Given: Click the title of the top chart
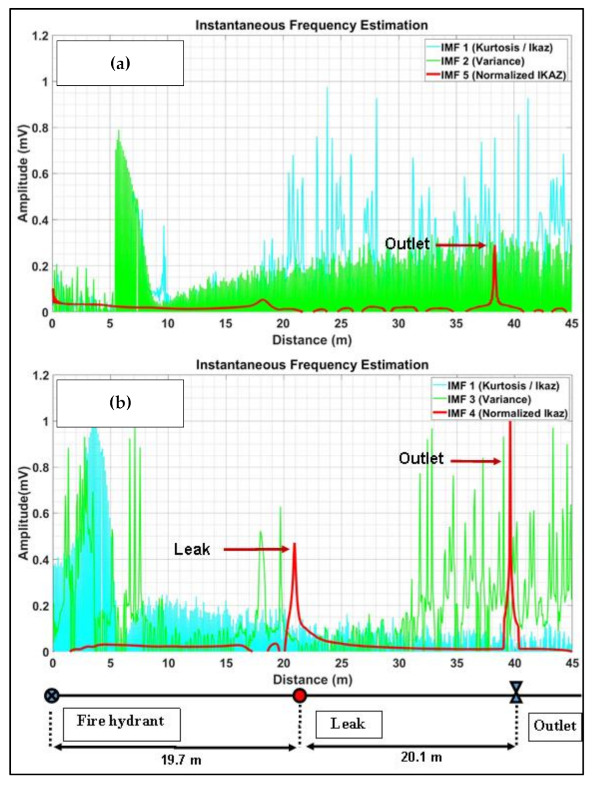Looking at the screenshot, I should coord(312,26).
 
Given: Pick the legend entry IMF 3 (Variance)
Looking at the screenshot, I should coord(489,400).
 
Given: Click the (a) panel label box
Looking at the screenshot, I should coord(120,63).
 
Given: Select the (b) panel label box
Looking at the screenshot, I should coord(120,403).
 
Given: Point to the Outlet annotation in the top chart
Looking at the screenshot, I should coord(407,244).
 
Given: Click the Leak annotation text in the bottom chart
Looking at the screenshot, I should coord(192,549).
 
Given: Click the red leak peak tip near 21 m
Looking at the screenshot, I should coord(294,544).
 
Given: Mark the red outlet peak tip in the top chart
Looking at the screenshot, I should coord(495,246).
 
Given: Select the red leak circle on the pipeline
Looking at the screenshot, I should coord(299,696).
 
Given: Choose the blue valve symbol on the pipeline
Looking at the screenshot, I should coord(516,692).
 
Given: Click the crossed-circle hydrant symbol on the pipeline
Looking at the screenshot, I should coord(52,696).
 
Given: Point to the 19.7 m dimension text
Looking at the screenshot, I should coord(181,760).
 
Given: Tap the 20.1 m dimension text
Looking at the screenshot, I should coord(421,757).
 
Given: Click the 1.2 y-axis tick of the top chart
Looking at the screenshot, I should coord(40,36).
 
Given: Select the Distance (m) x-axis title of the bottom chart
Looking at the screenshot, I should coord(312,680).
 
